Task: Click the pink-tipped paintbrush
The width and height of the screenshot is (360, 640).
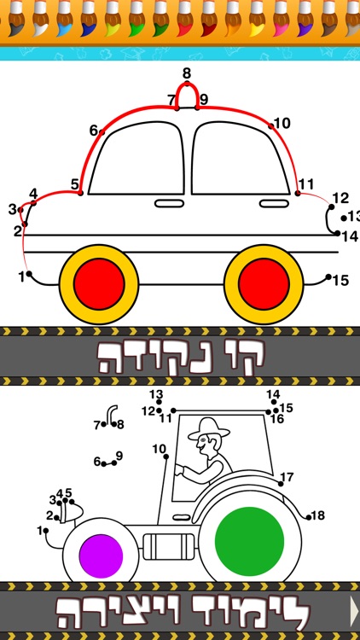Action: pos(281,19)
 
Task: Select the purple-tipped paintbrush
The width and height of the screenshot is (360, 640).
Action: pos(305,19)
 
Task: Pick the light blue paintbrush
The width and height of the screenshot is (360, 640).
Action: pos(64,19)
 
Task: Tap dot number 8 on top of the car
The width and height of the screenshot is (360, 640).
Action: pos(187,84)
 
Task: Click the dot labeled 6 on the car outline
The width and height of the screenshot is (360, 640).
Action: pos(102,131)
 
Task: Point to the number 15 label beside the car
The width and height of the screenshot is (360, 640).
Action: pos(341,281)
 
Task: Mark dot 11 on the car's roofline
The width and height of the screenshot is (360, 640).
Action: pos(298,193)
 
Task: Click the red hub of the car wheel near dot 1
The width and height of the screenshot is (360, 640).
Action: pos(99,284)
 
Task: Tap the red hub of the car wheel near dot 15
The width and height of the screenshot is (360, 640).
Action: pos(264,284)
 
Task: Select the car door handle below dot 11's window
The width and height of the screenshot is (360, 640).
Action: pos(275,203)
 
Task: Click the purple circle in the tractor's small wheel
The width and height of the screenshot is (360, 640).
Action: pos(101,556)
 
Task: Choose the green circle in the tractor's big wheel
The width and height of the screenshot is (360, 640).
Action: pos(249,541)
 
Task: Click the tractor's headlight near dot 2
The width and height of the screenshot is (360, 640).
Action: pos(71,512)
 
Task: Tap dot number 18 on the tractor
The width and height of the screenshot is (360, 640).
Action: pos(309,517)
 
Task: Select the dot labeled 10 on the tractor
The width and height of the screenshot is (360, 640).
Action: pos(166,457)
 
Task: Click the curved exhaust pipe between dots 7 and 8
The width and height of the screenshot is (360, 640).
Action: pos(111,414)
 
